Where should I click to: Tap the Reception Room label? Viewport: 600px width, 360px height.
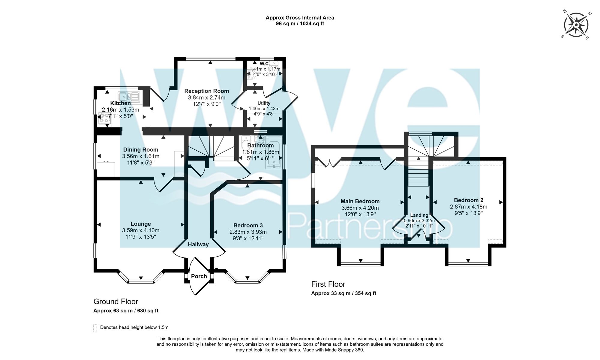[206, 91]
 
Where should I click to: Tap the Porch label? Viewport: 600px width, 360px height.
[199, 276]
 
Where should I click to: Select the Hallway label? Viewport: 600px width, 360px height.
[198, 244]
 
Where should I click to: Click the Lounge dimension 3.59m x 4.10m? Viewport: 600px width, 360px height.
[140, 230]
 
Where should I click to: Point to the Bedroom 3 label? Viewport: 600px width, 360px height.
[248, 225]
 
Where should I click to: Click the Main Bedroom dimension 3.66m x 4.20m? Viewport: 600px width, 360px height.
[360, 208]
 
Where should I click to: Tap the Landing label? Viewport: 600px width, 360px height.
[419, 215]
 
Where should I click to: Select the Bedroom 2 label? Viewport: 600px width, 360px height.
[468, 200]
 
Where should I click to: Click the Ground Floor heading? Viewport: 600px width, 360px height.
[115, 301]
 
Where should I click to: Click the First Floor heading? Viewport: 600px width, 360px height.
[328, 284]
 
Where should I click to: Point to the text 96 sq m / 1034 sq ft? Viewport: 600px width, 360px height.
[300, 24]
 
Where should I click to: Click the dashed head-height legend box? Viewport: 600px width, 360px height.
[95, 328]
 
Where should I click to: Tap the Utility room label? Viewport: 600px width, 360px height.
[264, 103]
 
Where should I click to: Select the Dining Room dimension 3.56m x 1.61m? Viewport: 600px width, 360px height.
[140, 156]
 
